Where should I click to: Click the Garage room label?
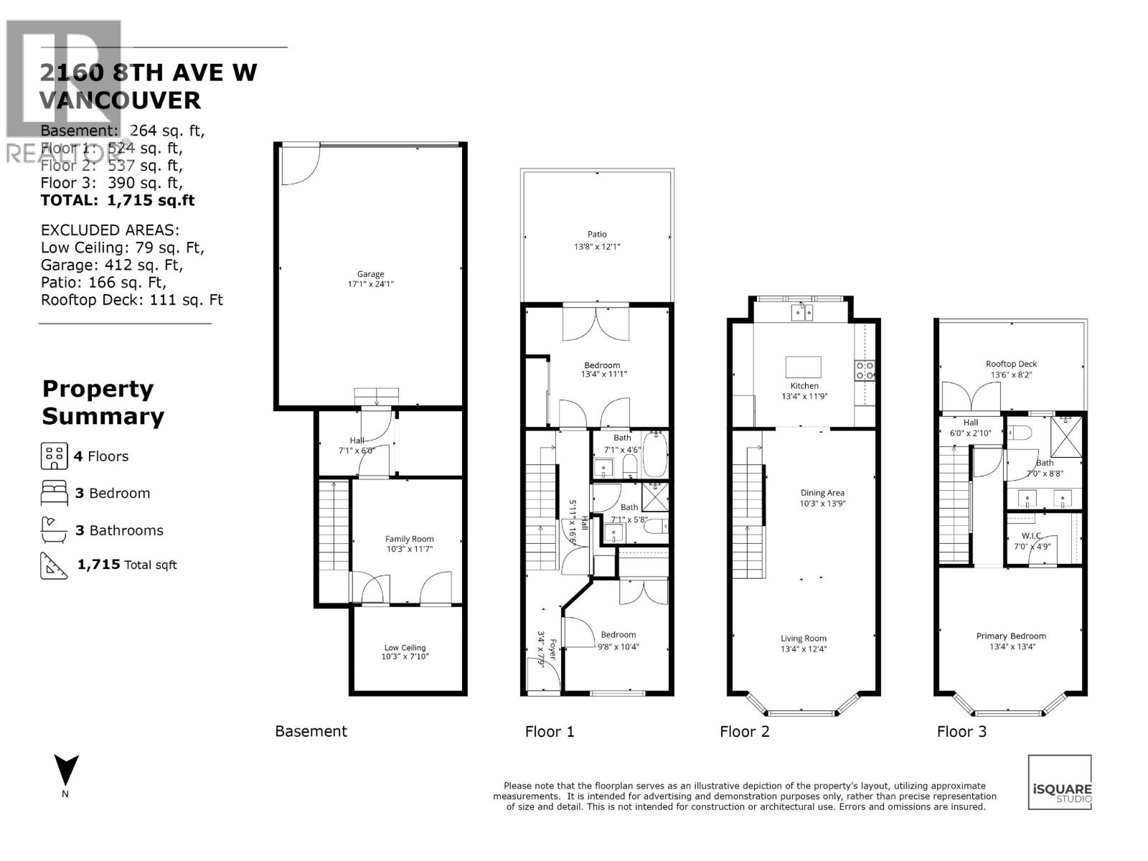370,274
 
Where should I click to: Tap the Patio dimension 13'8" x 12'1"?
596,247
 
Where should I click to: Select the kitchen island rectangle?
803,367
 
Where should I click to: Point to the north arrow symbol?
66,771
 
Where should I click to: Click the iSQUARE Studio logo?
1060,782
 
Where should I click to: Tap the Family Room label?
409,539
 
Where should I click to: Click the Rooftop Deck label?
1011,364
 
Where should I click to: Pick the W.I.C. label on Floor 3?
1031,535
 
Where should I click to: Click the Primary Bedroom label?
1010,636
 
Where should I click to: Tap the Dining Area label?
822,493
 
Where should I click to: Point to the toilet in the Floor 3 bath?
1019,433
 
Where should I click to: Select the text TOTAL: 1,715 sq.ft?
117,200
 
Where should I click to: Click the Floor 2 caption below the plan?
744,731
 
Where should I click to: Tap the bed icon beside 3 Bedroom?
54,494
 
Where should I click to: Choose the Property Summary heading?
103,402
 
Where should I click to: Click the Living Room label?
803,638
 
